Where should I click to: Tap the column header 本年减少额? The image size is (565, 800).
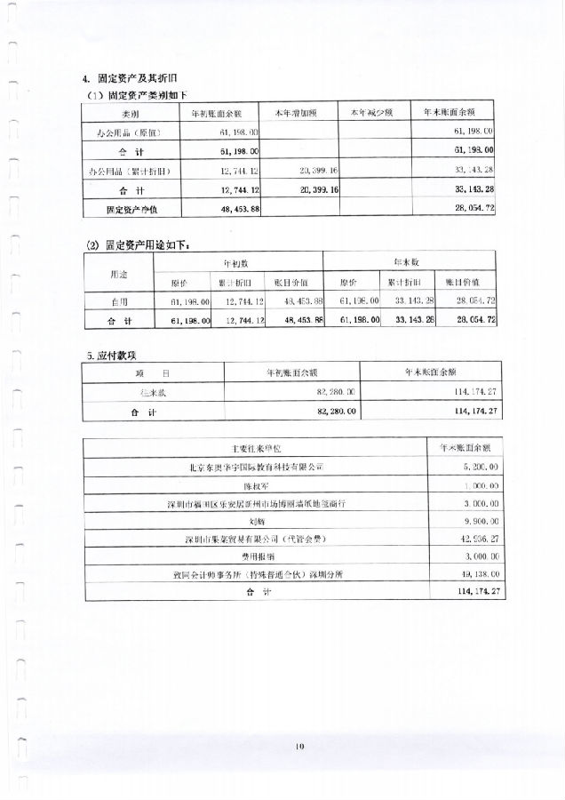[377, 113]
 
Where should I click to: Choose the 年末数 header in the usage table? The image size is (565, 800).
[408, 262]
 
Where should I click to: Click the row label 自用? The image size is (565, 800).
[119, 302]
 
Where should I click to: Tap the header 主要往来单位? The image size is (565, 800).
[254, 447]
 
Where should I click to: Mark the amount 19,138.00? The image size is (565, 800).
[477, 573]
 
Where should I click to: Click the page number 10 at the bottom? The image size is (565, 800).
[299, 747]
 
